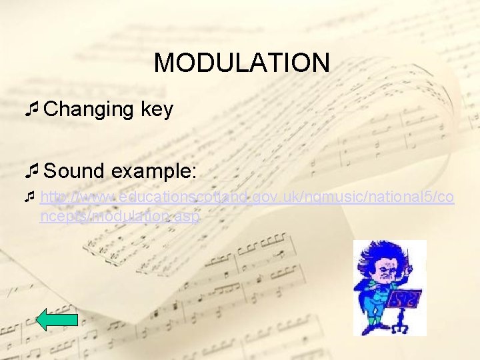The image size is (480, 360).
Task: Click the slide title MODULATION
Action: point(241,63)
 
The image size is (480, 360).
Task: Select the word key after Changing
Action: point(157,110)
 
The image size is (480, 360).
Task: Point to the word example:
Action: point(154,171)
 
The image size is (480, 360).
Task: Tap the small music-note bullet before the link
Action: point(29,197)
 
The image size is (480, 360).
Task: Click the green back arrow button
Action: point(57,319)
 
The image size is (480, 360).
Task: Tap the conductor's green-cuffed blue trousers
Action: point(373,311)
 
